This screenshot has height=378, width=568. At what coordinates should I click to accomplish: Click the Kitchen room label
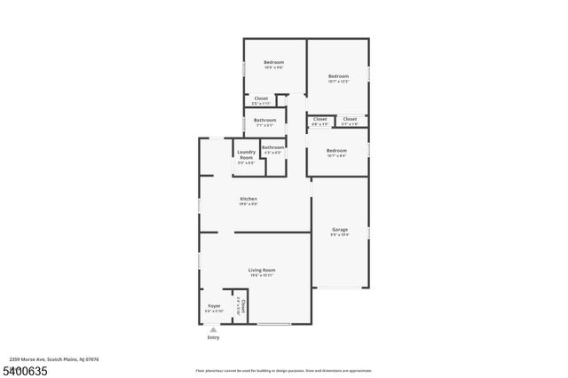coord(248,198)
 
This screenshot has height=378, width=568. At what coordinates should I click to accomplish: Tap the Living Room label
coord(261,270)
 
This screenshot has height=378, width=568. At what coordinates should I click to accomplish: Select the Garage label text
coord(339,229)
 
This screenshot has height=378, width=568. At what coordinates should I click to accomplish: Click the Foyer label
coord(214,305)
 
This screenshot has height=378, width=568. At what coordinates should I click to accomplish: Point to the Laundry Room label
coord(246,154)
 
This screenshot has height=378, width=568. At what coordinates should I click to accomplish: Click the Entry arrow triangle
coord(213,329)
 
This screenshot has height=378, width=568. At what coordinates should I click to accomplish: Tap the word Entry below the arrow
coord(213,338)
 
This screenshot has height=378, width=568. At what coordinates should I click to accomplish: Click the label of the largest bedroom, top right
coord(338,76)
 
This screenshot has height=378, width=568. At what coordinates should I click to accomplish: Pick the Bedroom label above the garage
coord(336,151)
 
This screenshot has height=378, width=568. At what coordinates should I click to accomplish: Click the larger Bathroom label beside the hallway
coord(264,120)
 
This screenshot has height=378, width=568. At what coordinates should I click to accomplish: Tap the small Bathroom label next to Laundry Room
coord(272,147)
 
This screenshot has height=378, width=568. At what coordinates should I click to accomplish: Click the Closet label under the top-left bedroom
coord(261,98)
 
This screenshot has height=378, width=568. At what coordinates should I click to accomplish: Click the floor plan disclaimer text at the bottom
coord(284,369)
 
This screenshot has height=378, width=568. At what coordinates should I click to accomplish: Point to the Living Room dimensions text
coord(261,275)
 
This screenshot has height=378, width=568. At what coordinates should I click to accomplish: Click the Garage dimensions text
coord(339,234)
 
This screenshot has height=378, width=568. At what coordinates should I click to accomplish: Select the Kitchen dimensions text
coord(248,204)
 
